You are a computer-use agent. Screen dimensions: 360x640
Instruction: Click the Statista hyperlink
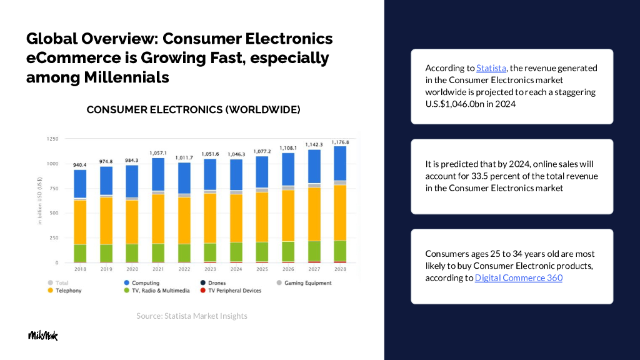coord(491,68)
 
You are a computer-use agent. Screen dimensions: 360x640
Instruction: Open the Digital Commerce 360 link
coord(518,277)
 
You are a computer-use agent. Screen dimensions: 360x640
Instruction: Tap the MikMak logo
coord(42,336)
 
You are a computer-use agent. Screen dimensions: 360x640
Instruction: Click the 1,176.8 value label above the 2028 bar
coord(340,142)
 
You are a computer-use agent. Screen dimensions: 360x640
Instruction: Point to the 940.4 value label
coord(80,165)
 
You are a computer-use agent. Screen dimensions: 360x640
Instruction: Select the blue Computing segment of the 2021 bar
coord(157,174)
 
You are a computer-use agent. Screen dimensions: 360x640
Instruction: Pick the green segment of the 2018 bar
coord(80,253)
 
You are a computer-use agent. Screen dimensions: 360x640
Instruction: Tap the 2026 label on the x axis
coord(288,269)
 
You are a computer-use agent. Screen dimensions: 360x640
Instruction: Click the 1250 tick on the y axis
coord(52,138)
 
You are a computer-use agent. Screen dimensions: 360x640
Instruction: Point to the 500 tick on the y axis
coord(54,213)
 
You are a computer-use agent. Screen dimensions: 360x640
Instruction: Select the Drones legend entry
coord(217,283)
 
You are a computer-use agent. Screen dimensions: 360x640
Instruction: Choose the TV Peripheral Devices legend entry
coord(234,291)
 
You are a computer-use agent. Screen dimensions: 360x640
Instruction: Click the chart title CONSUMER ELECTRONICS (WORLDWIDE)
coord(193,110)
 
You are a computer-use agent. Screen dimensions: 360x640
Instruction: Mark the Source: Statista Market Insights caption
coord(192,316)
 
